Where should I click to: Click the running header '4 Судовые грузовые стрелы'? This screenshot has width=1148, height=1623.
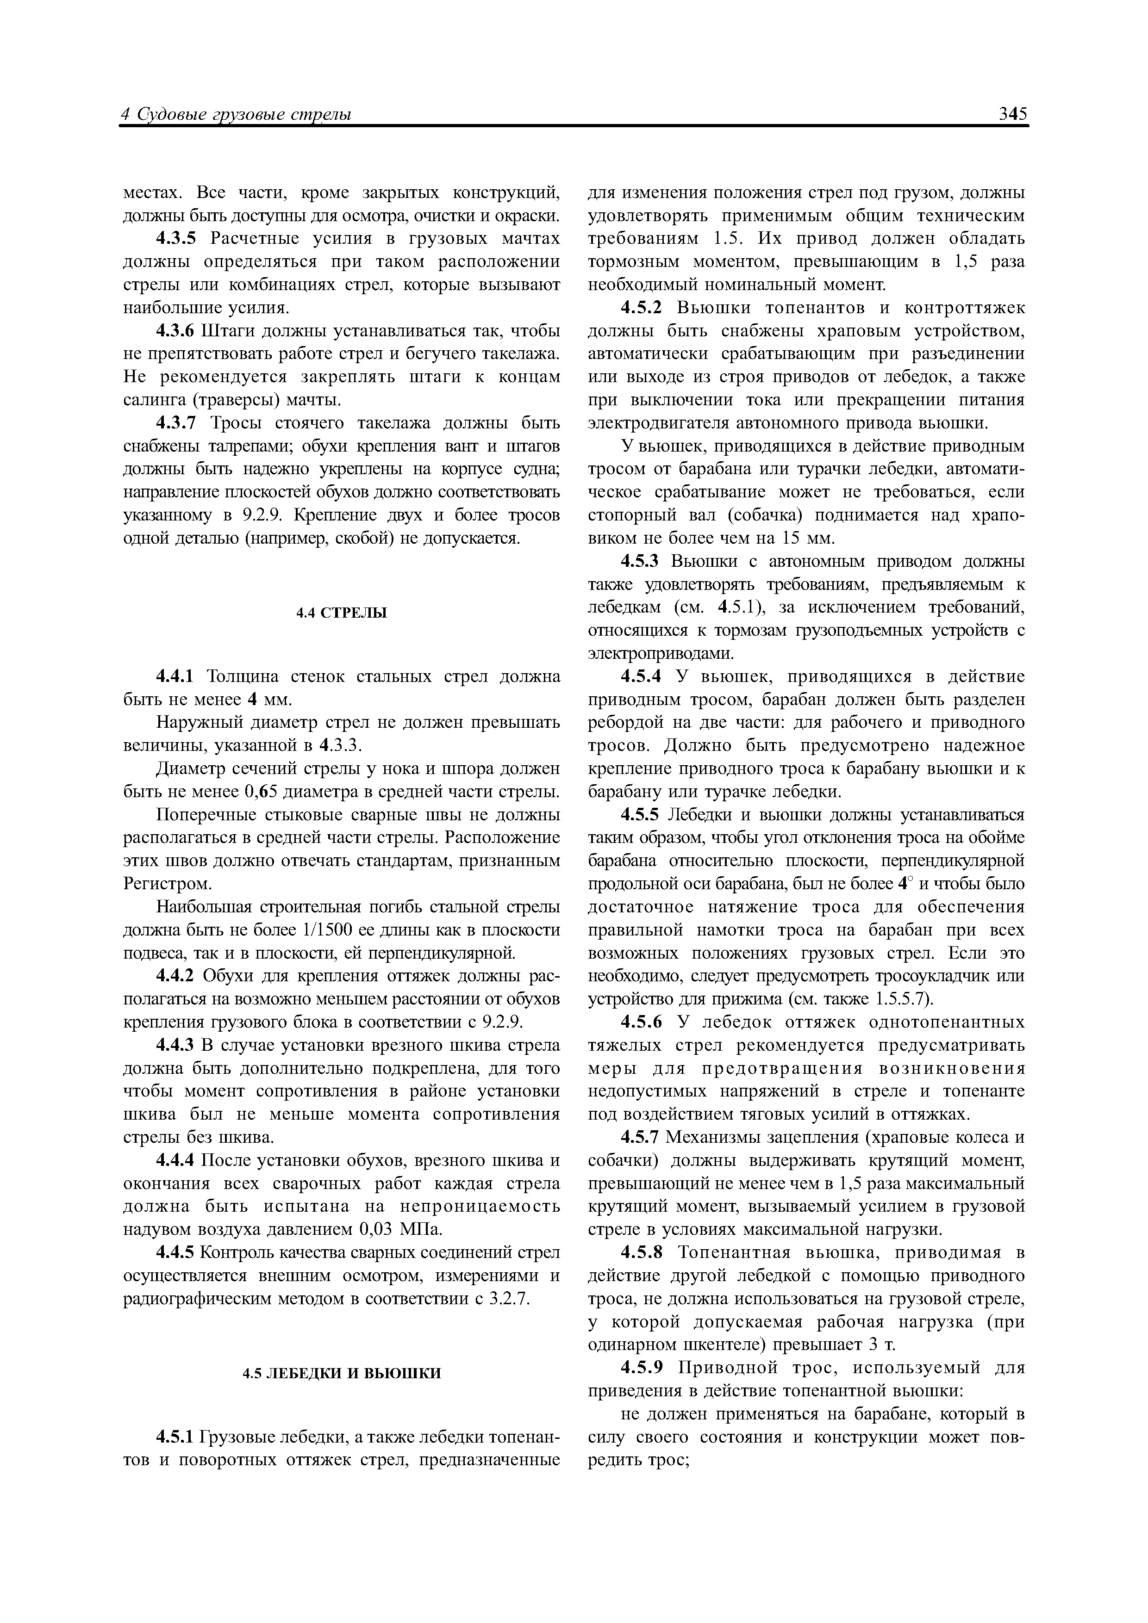(237, 115)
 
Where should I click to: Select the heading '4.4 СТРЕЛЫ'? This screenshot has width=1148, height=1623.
(341, 613)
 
